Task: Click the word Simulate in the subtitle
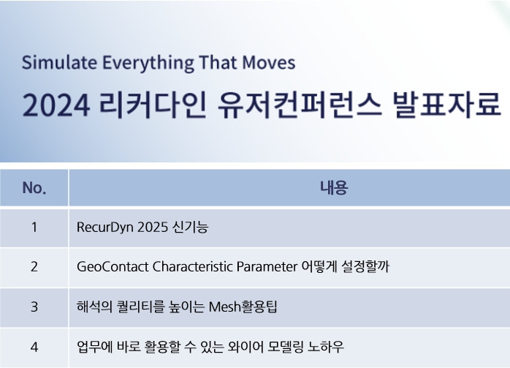pos(53,63)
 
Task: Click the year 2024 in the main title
pos(55,106)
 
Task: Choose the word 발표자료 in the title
pos(446,106)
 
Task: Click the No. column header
pos(34,188)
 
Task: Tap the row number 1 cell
pos(34,227)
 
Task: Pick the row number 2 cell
pos(34,266)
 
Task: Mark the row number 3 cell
pos(34,306)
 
